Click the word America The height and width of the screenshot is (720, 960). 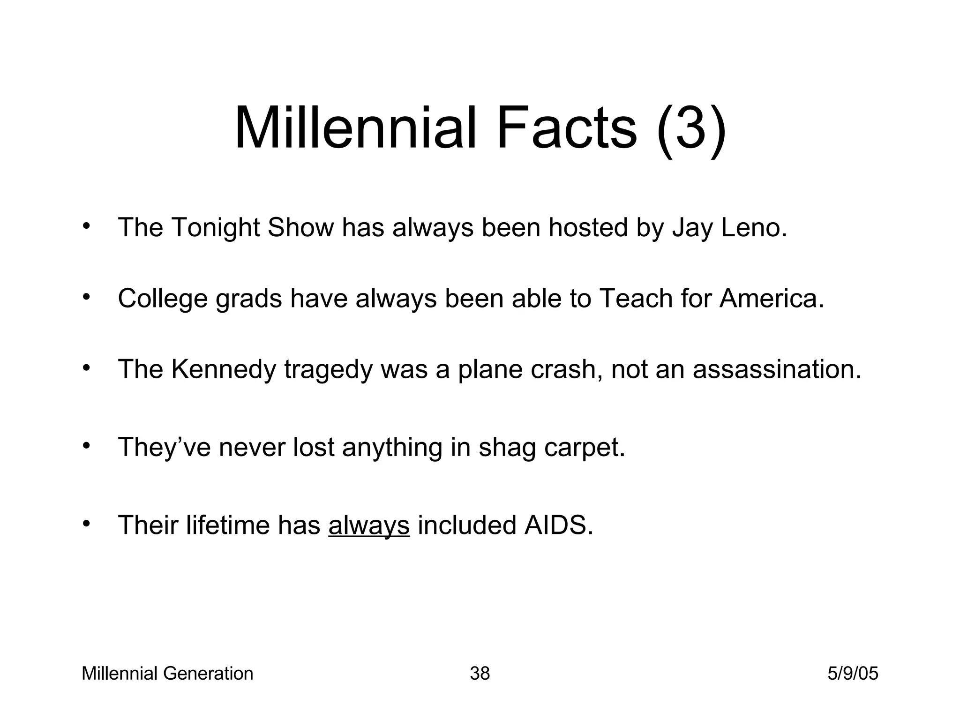771,298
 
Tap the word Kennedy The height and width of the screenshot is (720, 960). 224,369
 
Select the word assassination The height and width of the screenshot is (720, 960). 777,369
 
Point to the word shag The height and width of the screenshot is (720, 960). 507,448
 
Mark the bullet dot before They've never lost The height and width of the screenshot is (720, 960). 86,446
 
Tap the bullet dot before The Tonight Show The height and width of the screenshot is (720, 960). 86,226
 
